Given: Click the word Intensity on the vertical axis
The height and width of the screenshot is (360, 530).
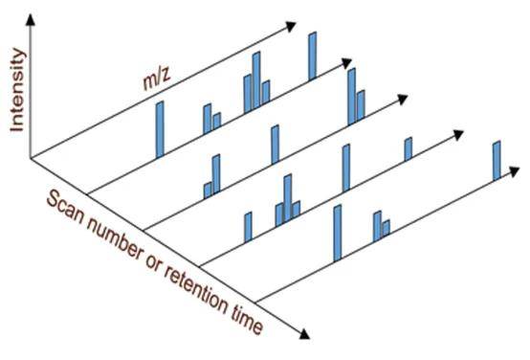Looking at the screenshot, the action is pyautogui.click(x=17, y=90).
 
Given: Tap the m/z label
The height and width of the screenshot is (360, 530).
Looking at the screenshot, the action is pyautogui.click(x=157, y=79).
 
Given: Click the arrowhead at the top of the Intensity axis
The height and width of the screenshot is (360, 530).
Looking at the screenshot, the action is pyautogui.click(x=31, y=19).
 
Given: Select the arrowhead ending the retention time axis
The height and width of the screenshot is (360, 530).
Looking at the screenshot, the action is pyautogui.click(x=304, y=334).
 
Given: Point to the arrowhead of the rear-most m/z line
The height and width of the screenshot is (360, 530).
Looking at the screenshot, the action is pyautogui.click(x=291, y=27).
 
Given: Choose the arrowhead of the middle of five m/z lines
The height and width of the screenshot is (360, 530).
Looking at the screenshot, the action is pyautogui.click(x=402, y=99).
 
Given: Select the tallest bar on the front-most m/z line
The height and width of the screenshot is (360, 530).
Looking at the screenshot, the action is pyautogui.click(x=338, y=233).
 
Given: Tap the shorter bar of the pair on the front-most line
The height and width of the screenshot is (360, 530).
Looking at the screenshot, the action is pyautogui.click(x=386, y=228).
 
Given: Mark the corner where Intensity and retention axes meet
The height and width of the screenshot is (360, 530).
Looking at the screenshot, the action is pyautogui.click(x=31, y=158).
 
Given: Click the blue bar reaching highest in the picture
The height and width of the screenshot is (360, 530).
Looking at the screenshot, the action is pyautogui.click(x=313, y=56).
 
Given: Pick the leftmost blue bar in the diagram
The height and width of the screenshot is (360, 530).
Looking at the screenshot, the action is pyautogui.click(x=160, y=129).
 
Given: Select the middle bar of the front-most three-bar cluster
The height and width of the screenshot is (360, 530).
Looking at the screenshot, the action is pyautogui.click(x=288, y=198).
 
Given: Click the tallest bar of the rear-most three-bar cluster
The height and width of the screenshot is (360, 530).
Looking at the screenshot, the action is pyautogui.click(x=256, y=80).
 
